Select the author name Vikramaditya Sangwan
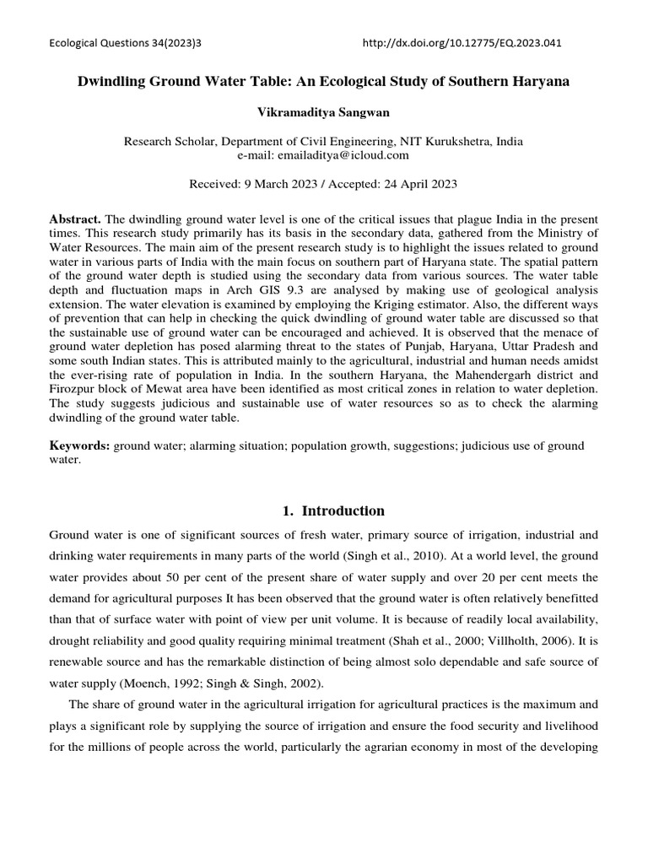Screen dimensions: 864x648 323,111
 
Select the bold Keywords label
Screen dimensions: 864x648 79,445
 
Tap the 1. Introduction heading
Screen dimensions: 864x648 323,510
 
